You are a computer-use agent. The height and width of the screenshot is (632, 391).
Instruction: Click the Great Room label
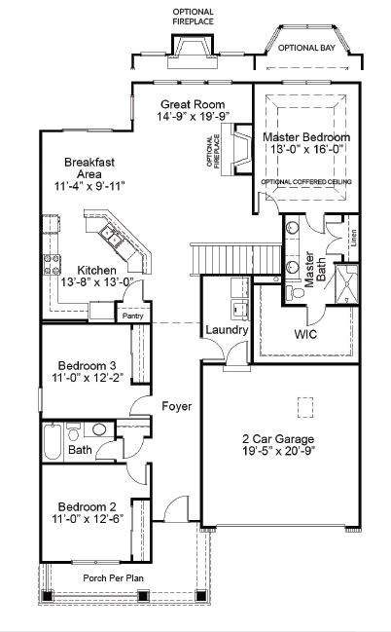coord(193,104)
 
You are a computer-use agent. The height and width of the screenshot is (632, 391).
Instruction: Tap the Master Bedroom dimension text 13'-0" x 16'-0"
coord(306,149)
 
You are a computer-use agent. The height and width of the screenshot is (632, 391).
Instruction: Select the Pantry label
coord(133,316)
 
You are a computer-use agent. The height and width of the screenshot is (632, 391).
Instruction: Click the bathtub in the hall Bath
coord(53,441)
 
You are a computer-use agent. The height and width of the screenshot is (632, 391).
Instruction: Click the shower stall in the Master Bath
coord(346,283)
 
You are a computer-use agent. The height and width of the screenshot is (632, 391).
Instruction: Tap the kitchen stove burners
coord(52,265)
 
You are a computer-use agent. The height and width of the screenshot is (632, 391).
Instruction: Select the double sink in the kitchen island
coord(113,236)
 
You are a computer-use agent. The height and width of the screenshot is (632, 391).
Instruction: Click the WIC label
coord(305,334)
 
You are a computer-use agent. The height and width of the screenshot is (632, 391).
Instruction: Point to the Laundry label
coord(227,330)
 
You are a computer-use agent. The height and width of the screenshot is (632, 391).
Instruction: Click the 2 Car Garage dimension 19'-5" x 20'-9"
coord(278,450)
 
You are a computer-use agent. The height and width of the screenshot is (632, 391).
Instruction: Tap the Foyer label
coord(177,406)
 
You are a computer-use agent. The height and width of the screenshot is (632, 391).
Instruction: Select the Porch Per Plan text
coord(113,578)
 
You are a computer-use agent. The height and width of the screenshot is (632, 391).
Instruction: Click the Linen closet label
coord(353,238)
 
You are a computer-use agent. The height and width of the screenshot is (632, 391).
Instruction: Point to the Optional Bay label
coord(306,48)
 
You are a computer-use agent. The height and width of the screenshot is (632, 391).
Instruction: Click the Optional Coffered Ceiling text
coord(306,182)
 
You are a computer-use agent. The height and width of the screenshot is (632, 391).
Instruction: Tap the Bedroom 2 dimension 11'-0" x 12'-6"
coord(88,518)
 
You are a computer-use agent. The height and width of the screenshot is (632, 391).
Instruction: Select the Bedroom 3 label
coord(88,365)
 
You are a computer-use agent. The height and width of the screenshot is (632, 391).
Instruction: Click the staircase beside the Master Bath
coord(235,258)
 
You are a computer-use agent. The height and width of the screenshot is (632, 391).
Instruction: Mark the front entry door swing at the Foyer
coord(176,508)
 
